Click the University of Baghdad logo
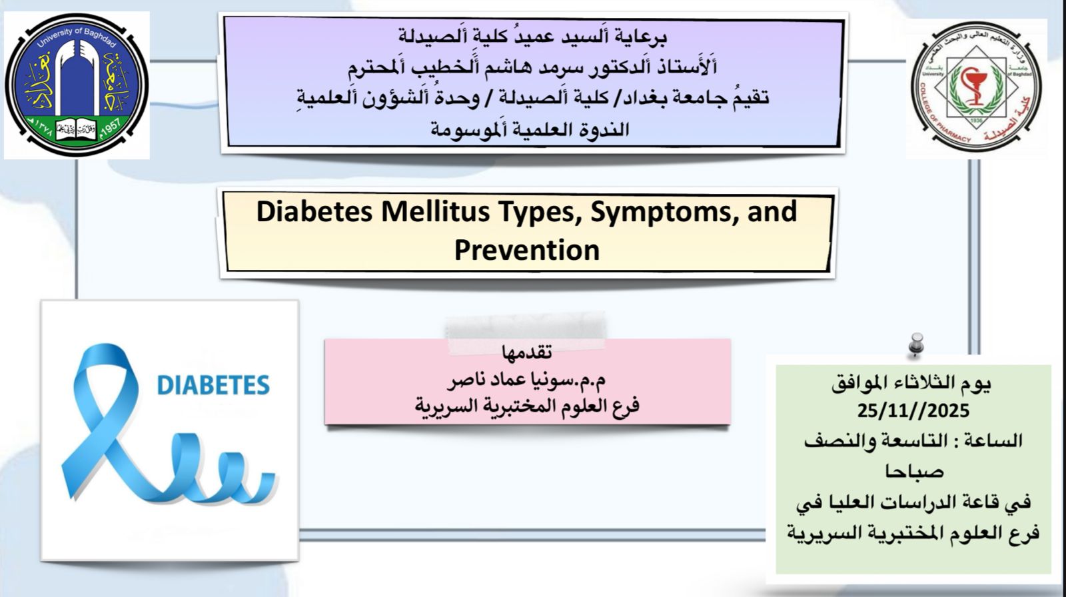point(77,85)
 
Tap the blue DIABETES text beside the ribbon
point(213,385)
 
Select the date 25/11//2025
point(913,410)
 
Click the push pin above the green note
point(916,344)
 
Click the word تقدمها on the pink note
point(527,352)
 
